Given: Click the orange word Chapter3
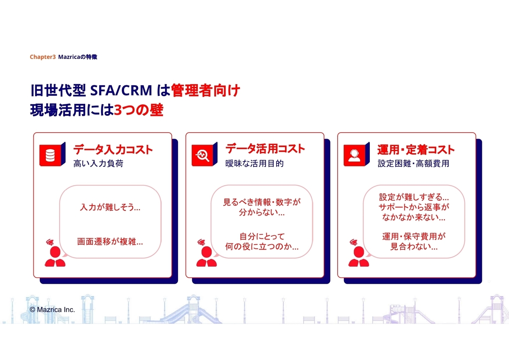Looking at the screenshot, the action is [42, 57].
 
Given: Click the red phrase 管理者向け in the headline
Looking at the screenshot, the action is [205, 90].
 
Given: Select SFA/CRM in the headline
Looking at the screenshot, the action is [121, 90].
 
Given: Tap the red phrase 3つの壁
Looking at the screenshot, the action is [138, 110].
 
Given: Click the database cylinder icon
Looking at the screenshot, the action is [50, 155].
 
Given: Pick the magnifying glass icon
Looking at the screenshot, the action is [202, 156].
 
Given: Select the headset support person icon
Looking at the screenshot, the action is [354, 156].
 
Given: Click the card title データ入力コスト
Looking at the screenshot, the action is [113, 150].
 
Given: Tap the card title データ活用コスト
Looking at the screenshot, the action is [265, 149].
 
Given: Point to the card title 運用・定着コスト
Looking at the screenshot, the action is [416, 150].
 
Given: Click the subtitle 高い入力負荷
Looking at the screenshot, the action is [98, 164].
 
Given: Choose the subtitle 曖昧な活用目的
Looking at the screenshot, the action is [254, 164].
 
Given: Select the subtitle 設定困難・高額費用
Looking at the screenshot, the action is [413, 164].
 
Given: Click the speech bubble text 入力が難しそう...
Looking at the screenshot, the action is [110, 207].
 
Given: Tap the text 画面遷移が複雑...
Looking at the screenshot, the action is [110, 241].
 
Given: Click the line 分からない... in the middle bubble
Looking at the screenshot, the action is [262, 212].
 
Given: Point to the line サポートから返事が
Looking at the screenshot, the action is [414, 207].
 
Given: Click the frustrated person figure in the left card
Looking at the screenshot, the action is [55, 253].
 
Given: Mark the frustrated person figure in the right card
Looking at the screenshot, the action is [359, 253].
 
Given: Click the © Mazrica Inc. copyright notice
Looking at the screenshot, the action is [52, 310].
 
